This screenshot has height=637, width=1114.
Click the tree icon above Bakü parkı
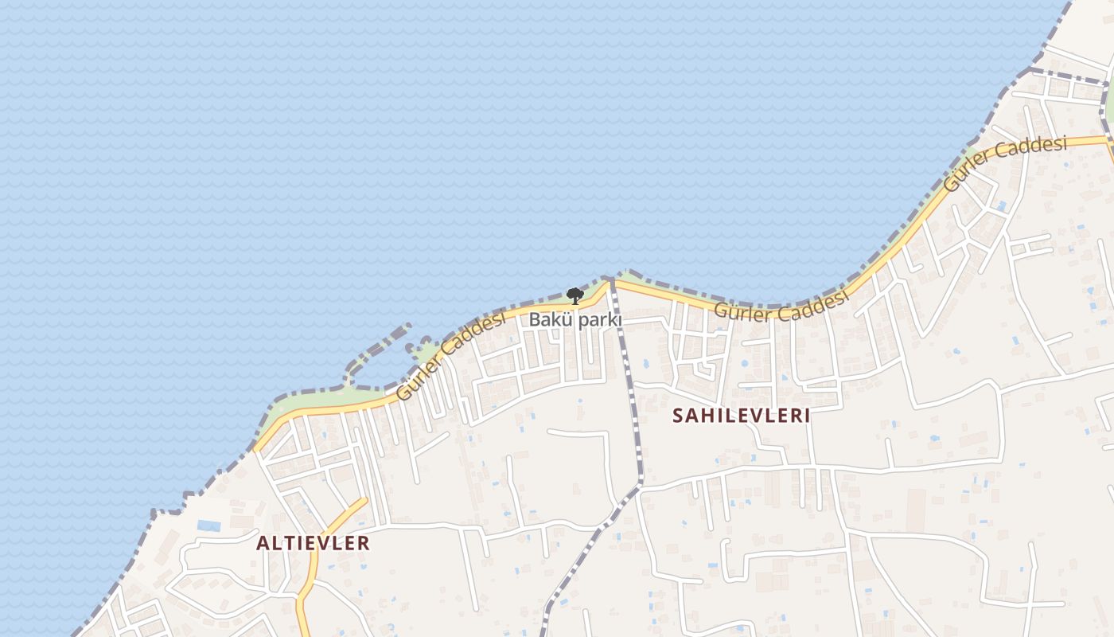[x=575, y=296]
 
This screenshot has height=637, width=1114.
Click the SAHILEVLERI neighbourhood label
[x=741, y=416]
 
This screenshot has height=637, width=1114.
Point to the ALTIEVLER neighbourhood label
[x=313, y=543]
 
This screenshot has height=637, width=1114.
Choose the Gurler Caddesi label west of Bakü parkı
[x=450, y=356]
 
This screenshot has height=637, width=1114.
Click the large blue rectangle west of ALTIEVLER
[x=209, y=526]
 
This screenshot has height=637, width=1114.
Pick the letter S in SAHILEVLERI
[x=678, y=416]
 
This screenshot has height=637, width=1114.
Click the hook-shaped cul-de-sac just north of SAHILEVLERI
[x=704, y=369]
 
